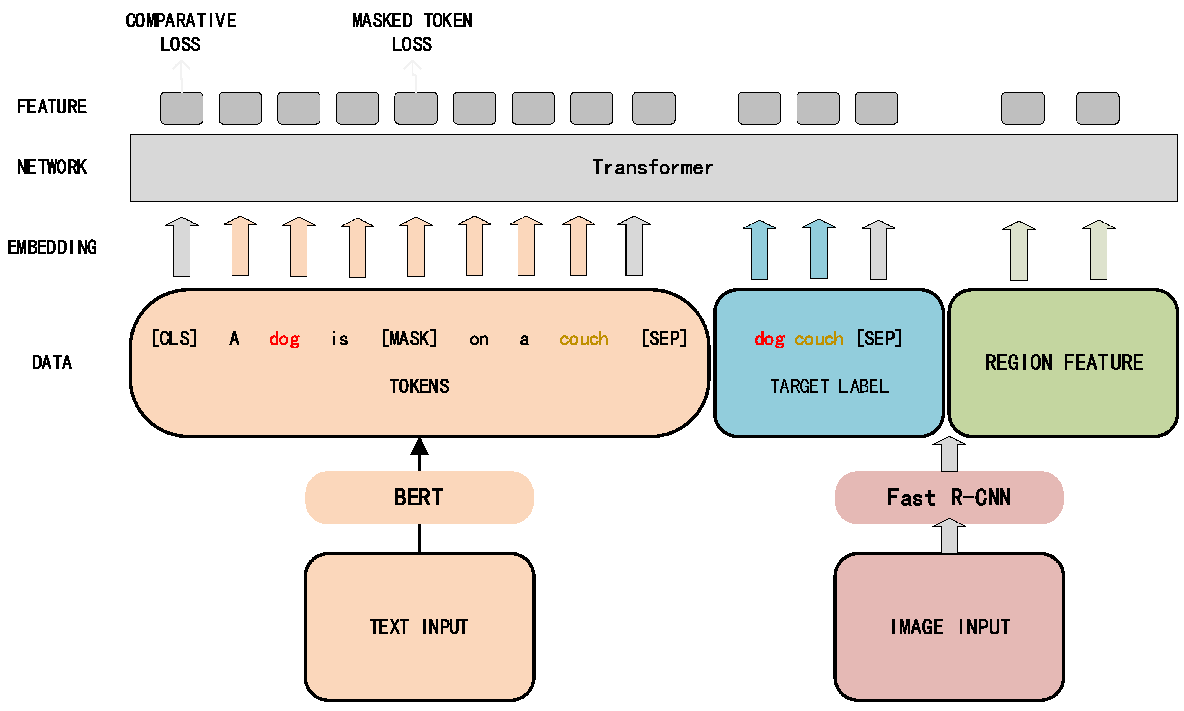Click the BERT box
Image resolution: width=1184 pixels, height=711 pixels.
tap(419, 497)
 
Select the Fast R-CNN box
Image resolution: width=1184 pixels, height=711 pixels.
tap(948, 497)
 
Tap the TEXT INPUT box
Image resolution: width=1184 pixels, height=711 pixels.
tap(419, 627)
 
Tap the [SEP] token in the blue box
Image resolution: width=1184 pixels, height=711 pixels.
tap(879, 339)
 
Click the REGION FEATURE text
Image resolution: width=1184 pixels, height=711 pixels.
tap(1064, 363)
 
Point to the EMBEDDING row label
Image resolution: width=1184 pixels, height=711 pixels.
tap(52, 247)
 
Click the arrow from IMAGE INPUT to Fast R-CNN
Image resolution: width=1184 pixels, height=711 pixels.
tap(949, 537)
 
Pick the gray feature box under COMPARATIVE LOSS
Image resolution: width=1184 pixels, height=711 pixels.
tap(182, 108)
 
